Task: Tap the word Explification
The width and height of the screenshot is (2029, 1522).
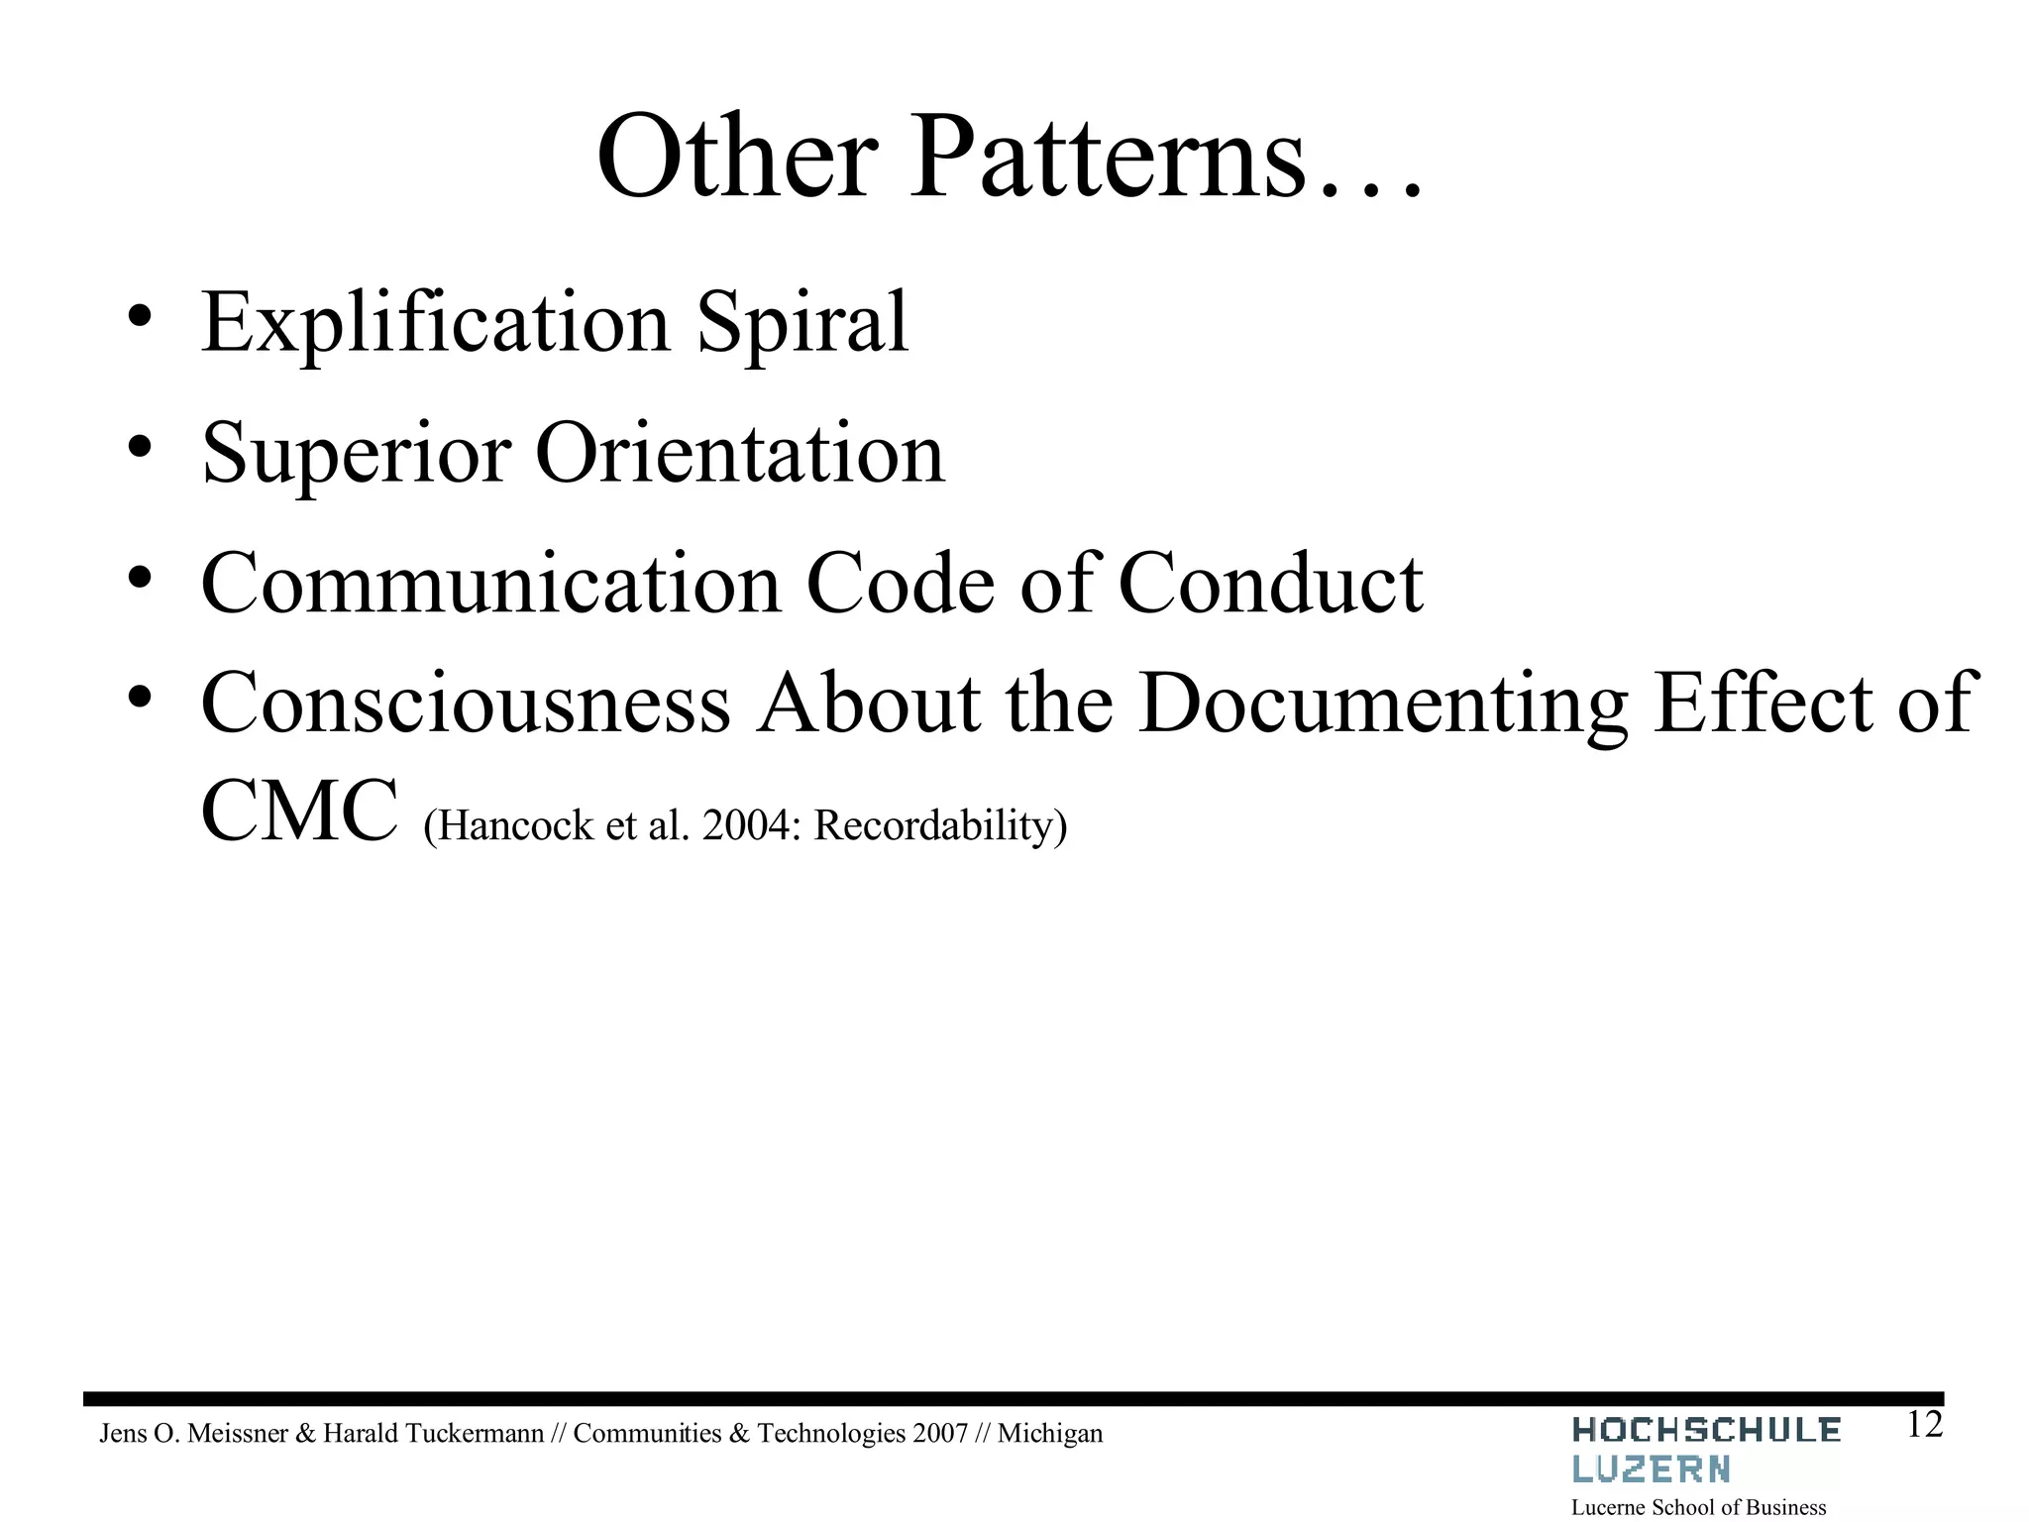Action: click(436, 324)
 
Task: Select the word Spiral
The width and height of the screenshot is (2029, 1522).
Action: click(802, 324)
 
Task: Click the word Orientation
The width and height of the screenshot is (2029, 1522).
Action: click(740, 454)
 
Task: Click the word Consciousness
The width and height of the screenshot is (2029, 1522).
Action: click(466, 704)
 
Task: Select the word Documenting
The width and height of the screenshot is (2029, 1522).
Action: click(1383, 704)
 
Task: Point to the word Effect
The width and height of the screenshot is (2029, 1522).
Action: click(1762, 704)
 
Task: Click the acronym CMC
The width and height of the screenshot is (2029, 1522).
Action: click(298, 812)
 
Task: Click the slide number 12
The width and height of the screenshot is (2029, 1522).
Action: click(1924, 1426)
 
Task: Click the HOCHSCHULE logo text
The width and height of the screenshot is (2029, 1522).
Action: click(1706, 1431)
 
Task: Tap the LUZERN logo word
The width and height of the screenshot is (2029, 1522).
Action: click(1652, 1469)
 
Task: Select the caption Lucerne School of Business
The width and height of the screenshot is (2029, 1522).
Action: click(1699, 1507)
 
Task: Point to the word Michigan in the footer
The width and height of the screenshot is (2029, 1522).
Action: click(1049, 1434)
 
